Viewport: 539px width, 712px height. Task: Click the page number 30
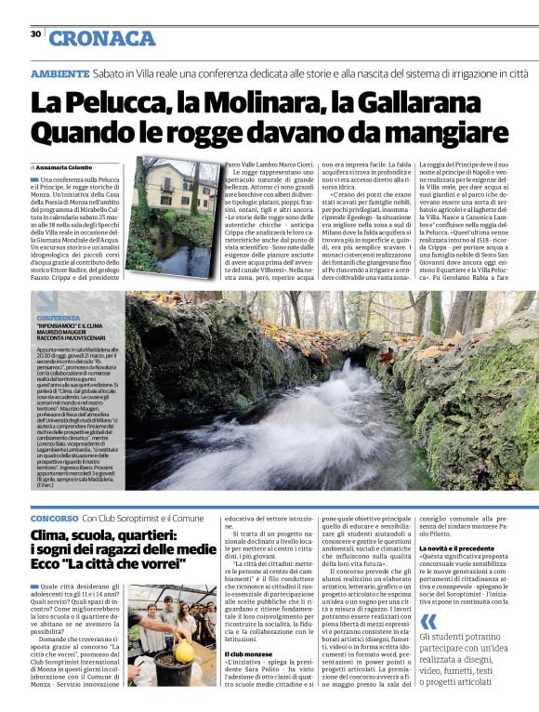[x=35, y=34]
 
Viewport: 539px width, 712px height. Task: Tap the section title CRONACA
[x=102, y=38]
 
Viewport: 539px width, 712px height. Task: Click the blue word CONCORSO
[x=53, y=517]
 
